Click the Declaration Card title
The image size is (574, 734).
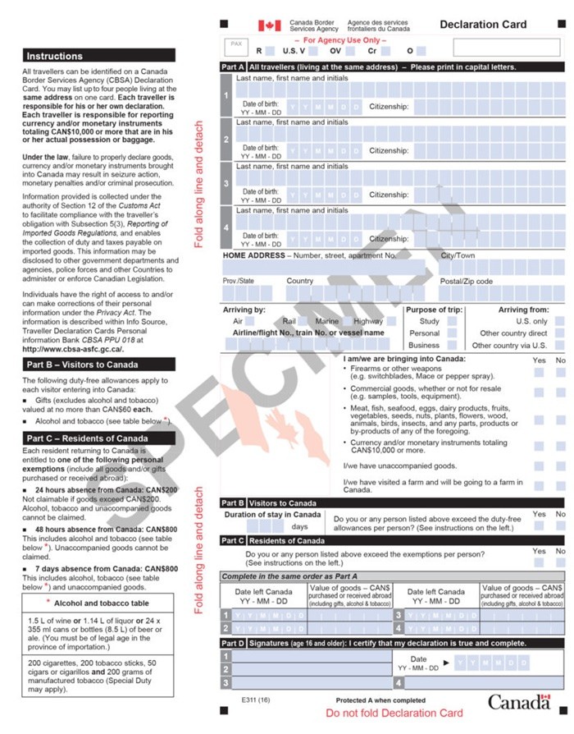[483, 25]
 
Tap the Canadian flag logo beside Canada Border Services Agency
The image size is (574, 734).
[270, 25]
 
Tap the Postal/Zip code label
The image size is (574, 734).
[467, 281]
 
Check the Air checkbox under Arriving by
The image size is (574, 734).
[251, 321]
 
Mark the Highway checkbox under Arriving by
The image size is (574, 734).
[391, 321]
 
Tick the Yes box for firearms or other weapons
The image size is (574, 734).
[540, 372]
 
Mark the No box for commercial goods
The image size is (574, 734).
[561, 392]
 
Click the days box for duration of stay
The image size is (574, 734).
[265, 526]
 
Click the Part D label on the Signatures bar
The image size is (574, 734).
[233, 643]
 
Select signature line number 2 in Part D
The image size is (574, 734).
[226, 669]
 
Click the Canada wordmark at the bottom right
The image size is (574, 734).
[519, 701]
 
